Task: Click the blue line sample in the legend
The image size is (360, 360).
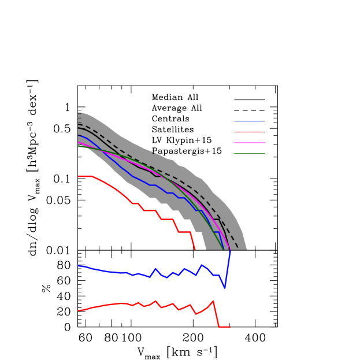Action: click(250, 121)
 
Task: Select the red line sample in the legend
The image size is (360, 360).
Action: click(250, 132)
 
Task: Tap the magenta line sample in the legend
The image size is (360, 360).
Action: click(250, 142)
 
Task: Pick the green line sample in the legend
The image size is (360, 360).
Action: click(250, 153)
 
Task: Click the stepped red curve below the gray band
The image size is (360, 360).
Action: click(149, 210)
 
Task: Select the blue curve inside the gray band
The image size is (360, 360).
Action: click(133, 176)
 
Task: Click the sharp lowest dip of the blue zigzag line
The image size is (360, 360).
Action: click(225, 287)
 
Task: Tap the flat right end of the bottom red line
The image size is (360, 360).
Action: click(225, 327)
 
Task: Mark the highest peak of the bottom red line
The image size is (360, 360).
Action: click(213, 301)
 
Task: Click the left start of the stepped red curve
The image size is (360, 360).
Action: click(79, 176)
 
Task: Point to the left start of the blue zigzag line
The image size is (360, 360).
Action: click(79, 266)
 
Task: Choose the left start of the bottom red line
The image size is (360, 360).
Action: click(79, 310)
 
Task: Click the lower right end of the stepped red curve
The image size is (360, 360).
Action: click(195, 249)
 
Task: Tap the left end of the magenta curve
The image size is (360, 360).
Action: click(79, 142)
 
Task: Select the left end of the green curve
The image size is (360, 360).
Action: click(79, 146)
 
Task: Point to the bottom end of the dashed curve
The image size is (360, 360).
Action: click(237, 248)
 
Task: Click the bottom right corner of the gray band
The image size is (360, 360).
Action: click(247, 249)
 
